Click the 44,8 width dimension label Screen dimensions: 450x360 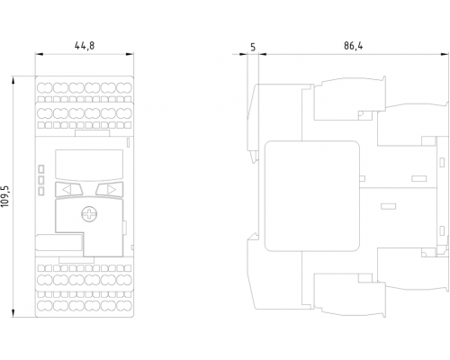coord(85,46)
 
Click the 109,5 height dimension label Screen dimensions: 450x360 coord(5,196)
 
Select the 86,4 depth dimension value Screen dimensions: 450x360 coord(354,46)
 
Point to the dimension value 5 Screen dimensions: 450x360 coord(253,47)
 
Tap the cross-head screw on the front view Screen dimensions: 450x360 coord(89,214)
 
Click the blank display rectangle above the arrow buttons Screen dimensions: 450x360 coord(89,165)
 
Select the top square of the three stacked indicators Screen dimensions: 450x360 coord(41,169)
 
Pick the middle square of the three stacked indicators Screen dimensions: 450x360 coord(41,180)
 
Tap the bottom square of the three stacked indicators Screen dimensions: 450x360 coord(41,191)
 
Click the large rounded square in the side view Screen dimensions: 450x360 coord(312,196)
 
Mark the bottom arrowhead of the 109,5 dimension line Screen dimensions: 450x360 coord(13,313)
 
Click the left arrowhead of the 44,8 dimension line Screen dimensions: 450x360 coord(40,54)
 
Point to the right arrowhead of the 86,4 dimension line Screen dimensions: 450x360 coord(445,55)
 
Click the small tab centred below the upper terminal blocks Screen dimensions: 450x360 coord(93,133)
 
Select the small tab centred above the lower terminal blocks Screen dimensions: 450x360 coord(76,260)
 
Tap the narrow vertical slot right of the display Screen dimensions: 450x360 coord(128,142)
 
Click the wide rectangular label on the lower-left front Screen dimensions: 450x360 coord(59,242)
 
